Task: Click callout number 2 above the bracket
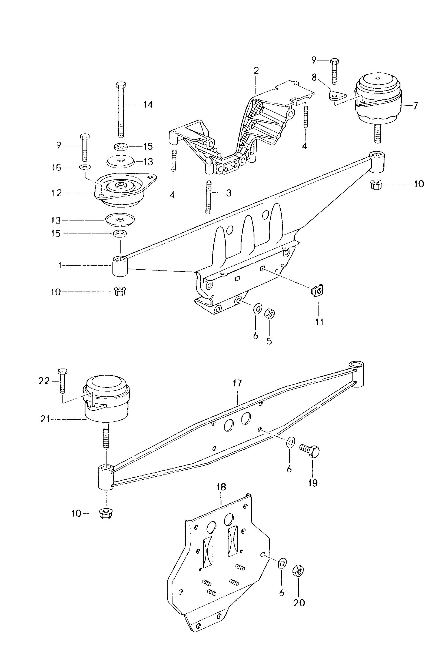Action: (256, 71)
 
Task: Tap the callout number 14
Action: (148, 105)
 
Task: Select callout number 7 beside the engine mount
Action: (416, 106)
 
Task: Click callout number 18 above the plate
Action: (221, 487)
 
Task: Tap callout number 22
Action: (44, 381)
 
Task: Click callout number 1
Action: (60, 266)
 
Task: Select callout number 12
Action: (57, 193)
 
